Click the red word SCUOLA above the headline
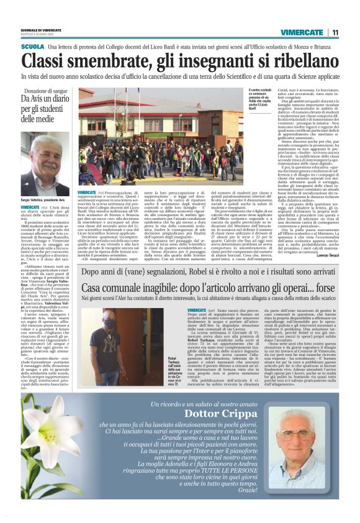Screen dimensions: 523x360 pyautogui.click(x=32, y=47)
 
